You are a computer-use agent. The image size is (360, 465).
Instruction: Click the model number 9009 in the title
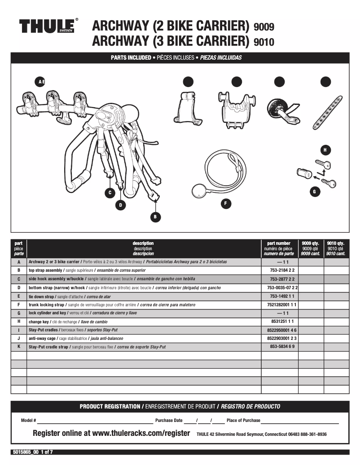click(263, 27)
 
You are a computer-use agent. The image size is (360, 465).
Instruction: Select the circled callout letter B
click(155, 217)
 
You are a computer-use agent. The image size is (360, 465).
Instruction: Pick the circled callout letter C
click(109, 193)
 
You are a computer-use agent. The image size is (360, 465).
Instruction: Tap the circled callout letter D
click(120, 205)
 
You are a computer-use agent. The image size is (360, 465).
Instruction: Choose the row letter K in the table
click(19, 347)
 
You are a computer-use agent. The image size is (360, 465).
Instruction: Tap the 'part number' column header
click(279, 243)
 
